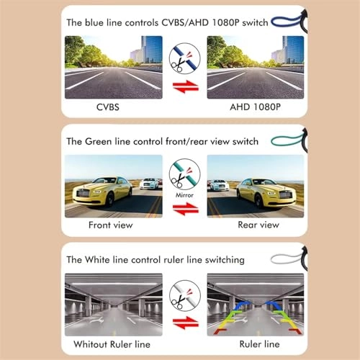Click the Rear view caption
point(258,225)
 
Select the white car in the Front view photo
point(149,184)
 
